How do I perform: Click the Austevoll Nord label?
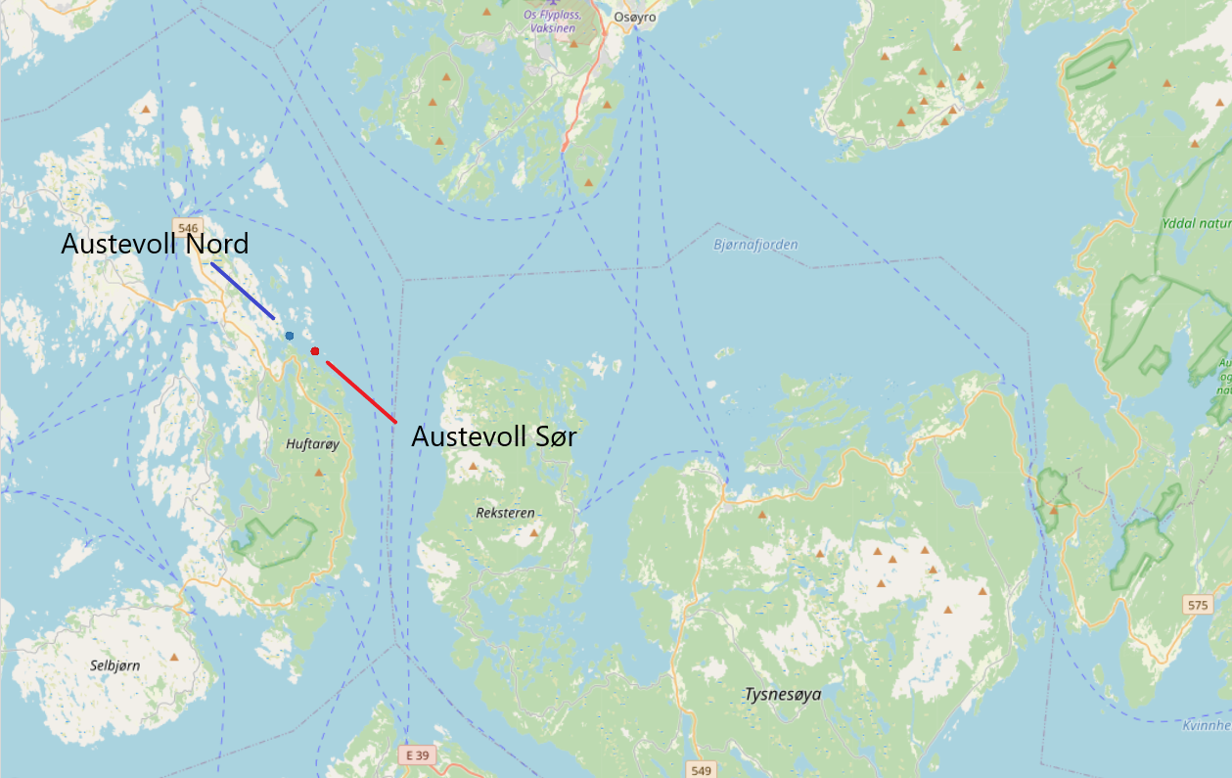pos(155,244)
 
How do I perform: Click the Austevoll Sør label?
pos(493,436)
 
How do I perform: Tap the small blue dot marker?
pos(290,336)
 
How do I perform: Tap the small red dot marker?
pos(315,351)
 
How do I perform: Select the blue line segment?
pos(243,291)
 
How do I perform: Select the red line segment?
pos(361,391)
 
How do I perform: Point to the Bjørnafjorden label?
pos(755,245)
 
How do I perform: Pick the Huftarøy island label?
pos(312,444)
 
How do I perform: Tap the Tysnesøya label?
pos(782,695)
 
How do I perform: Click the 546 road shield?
pos(189,228)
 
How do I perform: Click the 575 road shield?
pos(1197,605)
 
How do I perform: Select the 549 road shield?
pos(700,770)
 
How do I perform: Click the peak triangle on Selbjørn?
pos(174,658)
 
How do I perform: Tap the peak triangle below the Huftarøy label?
pos(318,473)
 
